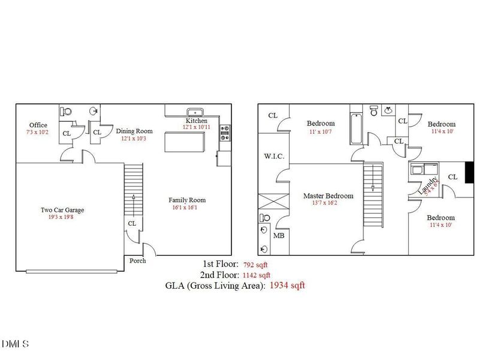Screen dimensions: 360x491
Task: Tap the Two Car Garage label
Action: tap(62, 210)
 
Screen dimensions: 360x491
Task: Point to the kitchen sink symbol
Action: tap(195, 112)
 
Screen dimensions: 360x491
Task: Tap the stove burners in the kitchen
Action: tap(225, 133)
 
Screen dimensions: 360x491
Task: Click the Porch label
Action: tap(137, 260)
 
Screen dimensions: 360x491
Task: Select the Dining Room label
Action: tap(134, 131)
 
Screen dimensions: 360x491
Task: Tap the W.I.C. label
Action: tap(273, 156)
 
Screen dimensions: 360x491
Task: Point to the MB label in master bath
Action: tap(279, 236)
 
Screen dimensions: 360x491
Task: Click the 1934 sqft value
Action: tap(287, 286)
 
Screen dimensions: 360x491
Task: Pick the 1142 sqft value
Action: tap(260, 275)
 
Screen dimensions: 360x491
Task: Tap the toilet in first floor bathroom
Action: tap(66, 111)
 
